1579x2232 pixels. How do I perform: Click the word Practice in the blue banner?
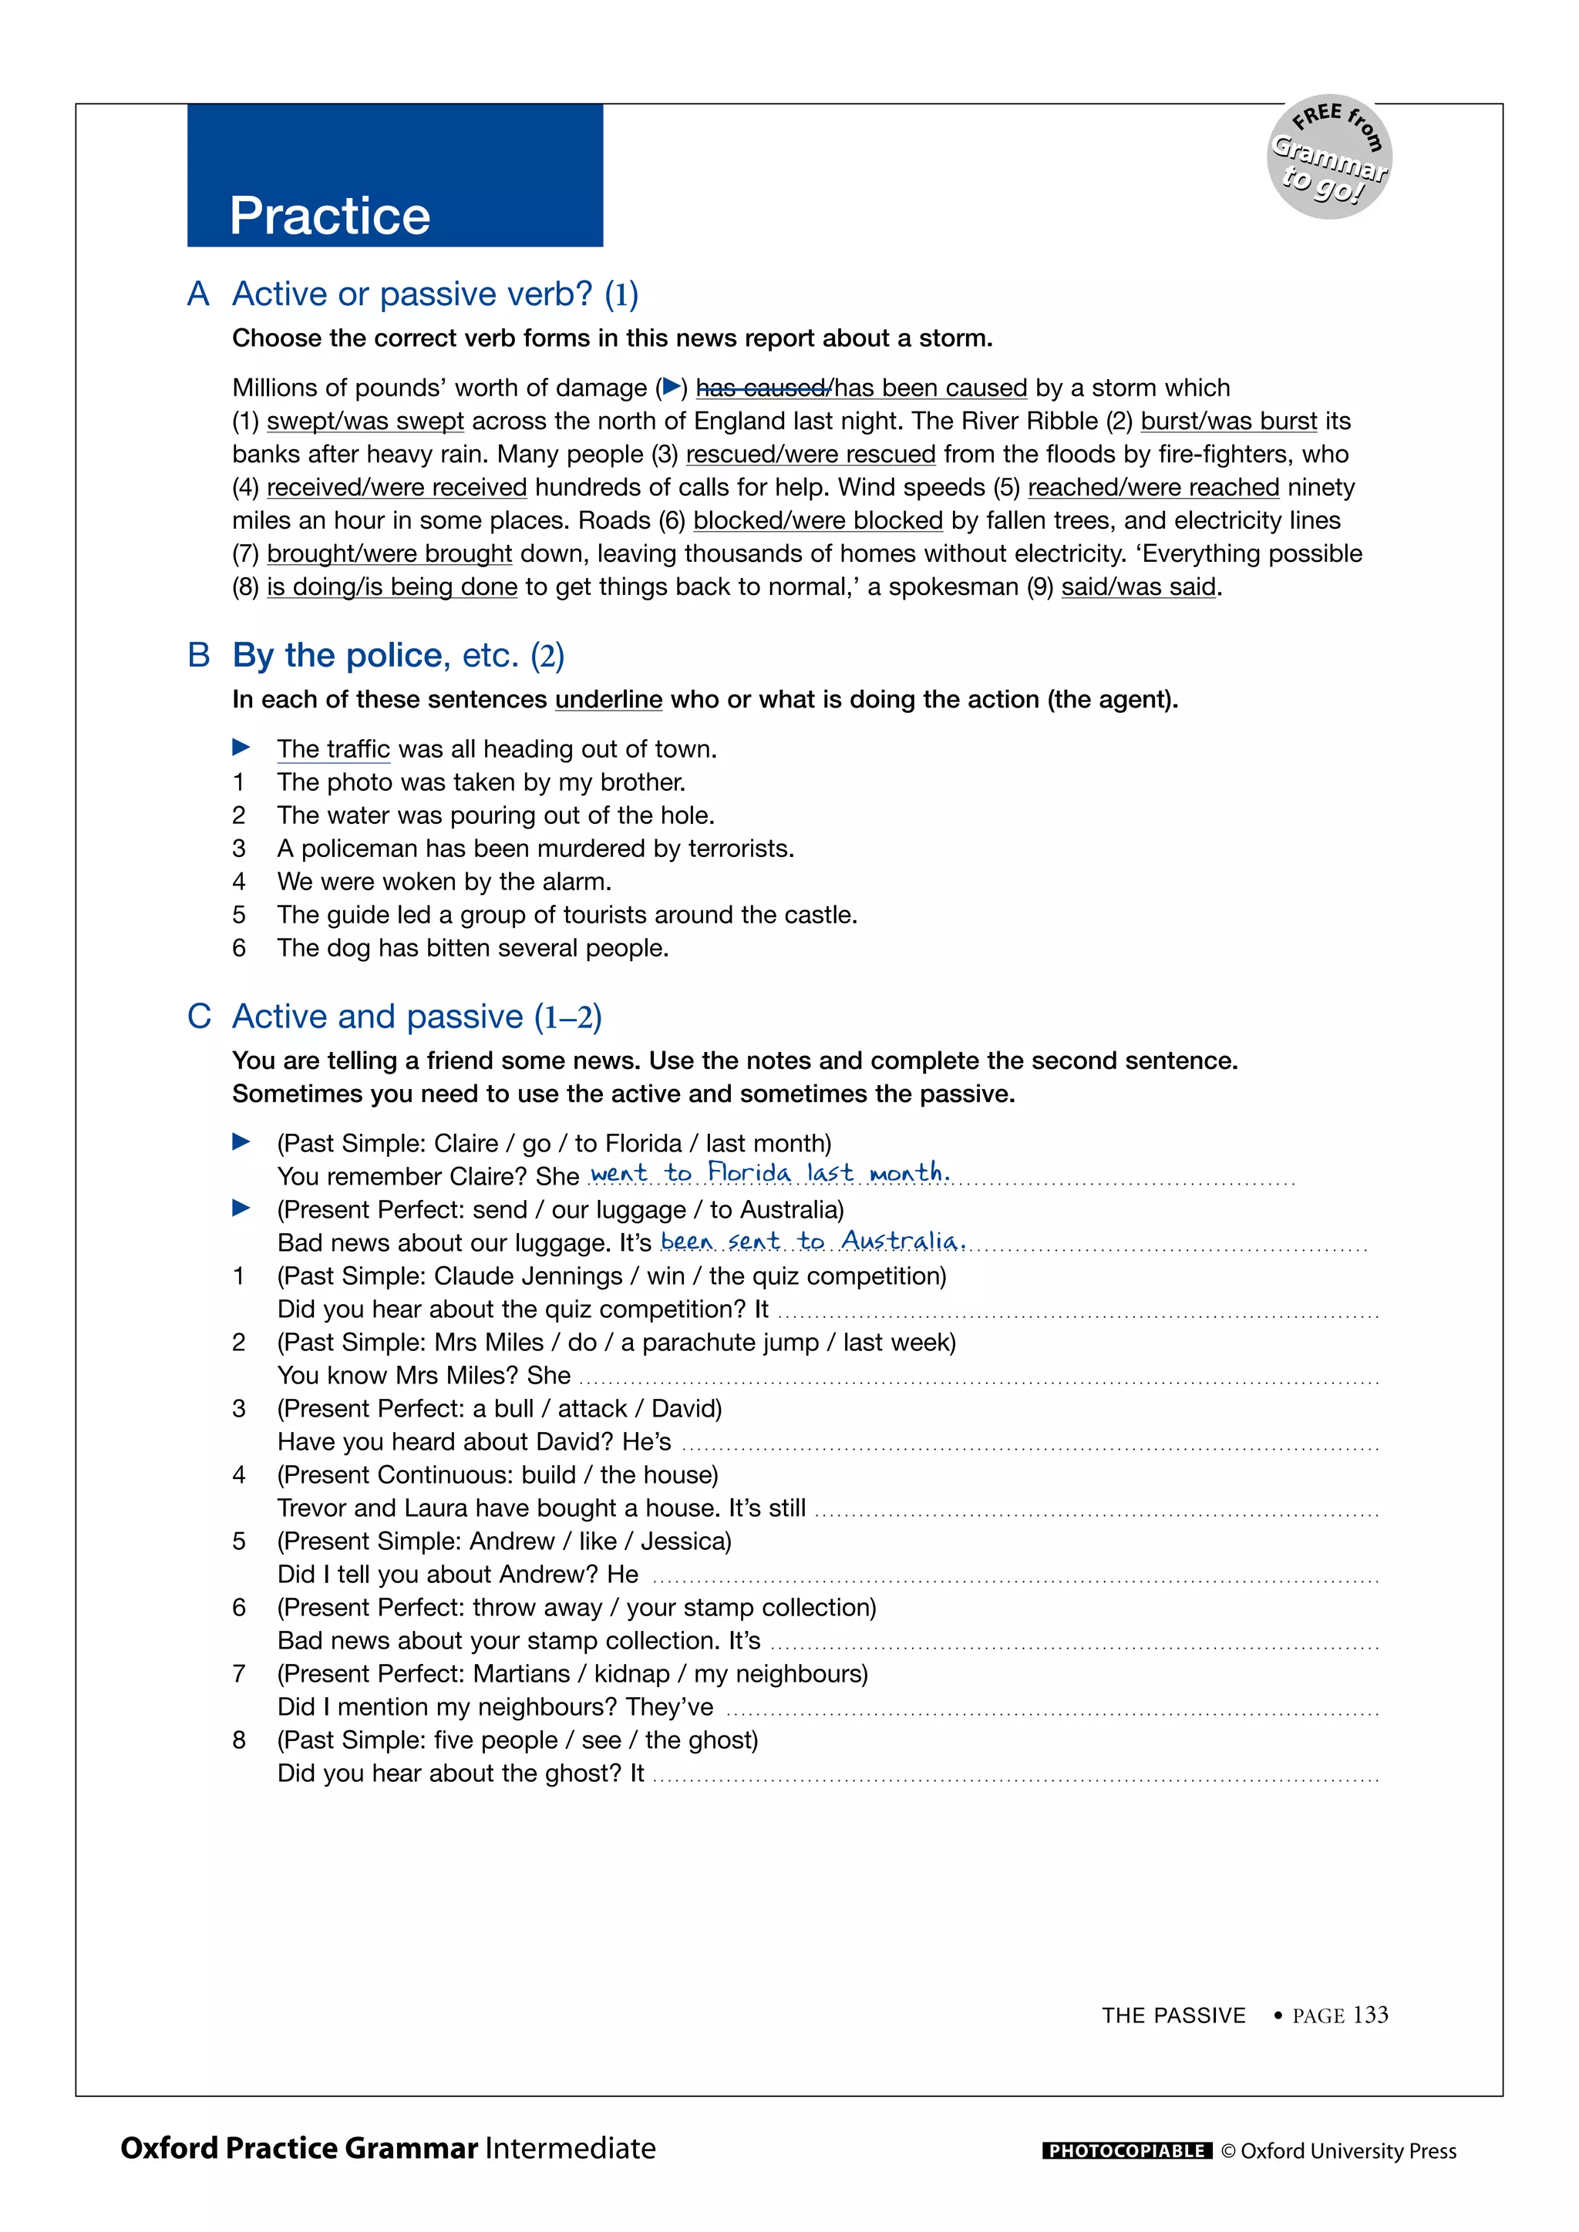[330, 216]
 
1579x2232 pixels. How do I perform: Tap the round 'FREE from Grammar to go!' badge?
[1329, 157]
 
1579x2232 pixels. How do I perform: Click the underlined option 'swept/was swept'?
[365, 421]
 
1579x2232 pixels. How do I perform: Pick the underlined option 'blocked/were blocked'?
[818, 520]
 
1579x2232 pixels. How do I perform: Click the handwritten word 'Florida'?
[749, 1172]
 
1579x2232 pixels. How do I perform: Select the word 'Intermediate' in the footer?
[571, 2149]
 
